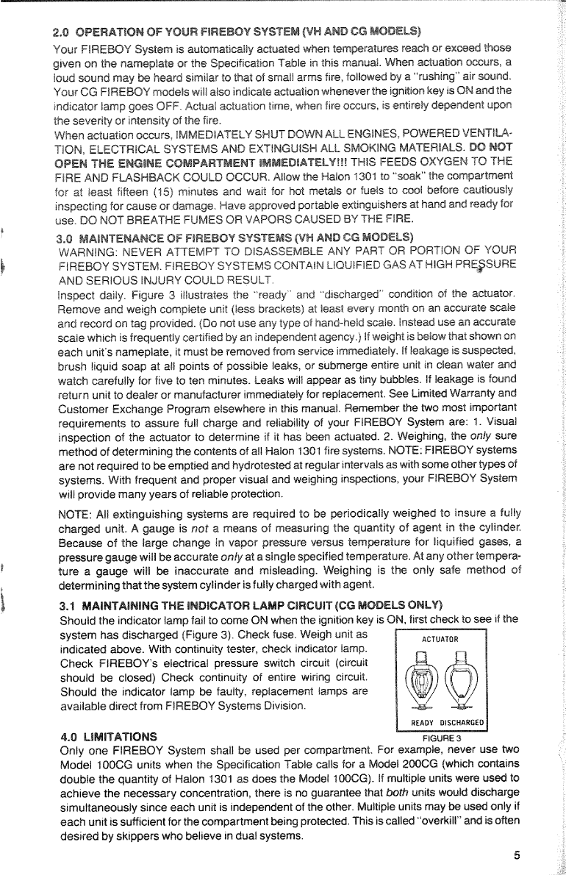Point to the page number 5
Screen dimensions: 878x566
pos(517,855)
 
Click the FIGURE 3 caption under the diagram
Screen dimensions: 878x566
pos(440,738)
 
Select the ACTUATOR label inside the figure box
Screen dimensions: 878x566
pos(440,639)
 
